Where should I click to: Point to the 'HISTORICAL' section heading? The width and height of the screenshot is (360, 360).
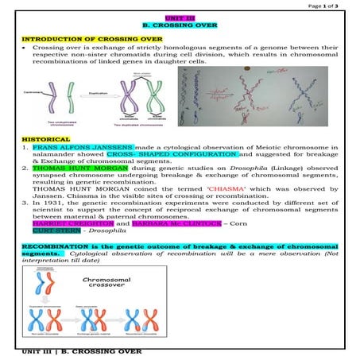coord(41,139)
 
